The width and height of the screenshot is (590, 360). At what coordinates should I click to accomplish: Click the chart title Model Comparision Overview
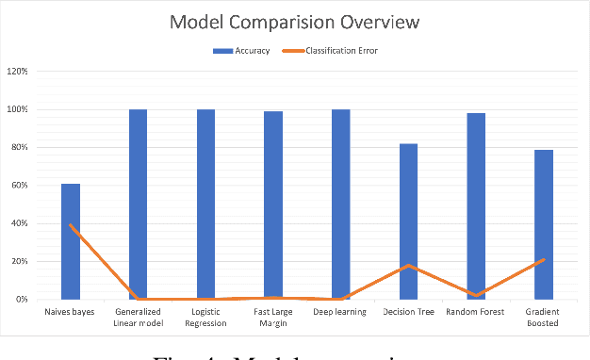point(294,22)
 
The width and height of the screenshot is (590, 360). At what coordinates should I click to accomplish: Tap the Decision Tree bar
point(408,221)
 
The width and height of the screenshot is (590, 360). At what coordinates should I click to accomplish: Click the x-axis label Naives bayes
point(71,312)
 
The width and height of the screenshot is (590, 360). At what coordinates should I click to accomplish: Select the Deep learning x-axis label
point(340,312)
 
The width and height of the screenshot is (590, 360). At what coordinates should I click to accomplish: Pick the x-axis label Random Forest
point(476,312)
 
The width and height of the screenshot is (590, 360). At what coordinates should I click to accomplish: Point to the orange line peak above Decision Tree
point(408,265)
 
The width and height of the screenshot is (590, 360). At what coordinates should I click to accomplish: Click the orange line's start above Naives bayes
point(71,225)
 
